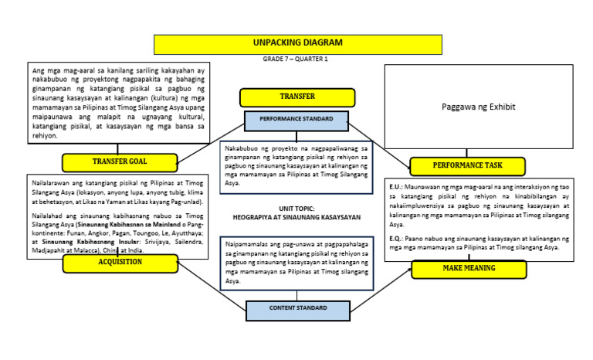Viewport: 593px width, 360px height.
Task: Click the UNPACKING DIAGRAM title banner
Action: click(x=296, y=44)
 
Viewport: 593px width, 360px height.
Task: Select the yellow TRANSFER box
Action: click(x=296, y=97)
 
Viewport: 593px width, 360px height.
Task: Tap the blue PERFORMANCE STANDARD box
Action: click(x=296, y=121)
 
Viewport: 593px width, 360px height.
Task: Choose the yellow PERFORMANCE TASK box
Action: click(x=467, y=166)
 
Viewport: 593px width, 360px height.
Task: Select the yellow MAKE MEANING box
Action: click(x=469, y=268)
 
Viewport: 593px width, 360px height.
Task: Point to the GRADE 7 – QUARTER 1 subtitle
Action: click(x=296, y=59)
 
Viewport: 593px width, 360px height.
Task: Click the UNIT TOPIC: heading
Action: click(x=296, y=209)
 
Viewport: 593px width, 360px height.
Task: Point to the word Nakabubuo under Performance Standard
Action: click(x=242, y=148)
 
